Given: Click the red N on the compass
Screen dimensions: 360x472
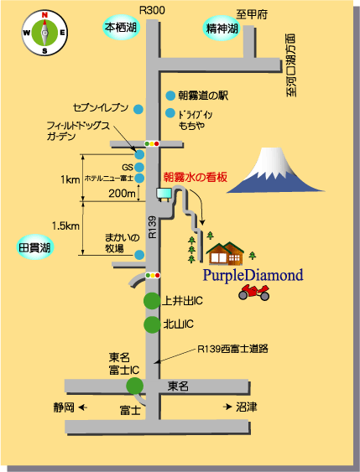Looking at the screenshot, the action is point(44,15).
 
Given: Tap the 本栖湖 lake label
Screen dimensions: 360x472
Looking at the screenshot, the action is point(121,28).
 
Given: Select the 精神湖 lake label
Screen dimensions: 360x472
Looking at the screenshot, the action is point(222,29).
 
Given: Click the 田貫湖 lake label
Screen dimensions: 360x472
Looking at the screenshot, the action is point(34,248).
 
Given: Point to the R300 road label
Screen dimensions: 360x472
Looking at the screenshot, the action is point(152,11).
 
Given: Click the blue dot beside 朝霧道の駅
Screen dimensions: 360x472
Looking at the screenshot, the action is point(170,96).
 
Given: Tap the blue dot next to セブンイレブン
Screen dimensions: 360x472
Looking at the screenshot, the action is point(138,109).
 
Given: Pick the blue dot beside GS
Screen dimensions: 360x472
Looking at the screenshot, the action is point(139,167).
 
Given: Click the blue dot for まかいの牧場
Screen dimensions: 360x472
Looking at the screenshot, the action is point(139,255).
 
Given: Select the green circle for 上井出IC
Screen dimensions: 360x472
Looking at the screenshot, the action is point(152,301).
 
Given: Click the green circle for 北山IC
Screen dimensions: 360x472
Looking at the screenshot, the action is point(152,324).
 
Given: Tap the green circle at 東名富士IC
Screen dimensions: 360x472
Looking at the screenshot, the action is point(134,386).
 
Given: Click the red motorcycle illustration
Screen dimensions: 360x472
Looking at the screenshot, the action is point(254,293).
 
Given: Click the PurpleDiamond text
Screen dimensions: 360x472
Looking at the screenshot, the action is point(253,276).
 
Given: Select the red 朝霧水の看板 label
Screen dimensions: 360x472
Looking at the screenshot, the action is point(196,177).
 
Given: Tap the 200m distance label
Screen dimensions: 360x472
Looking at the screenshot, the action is point(122,194).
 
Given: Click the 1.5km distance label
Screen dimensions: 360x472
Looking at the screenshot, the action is point(65,226).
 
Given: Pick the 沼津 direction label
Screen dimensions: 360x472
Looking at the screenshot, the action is point(247,407).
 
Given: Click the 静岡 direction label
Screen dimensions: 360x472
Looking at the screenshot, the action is point(64,407).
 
